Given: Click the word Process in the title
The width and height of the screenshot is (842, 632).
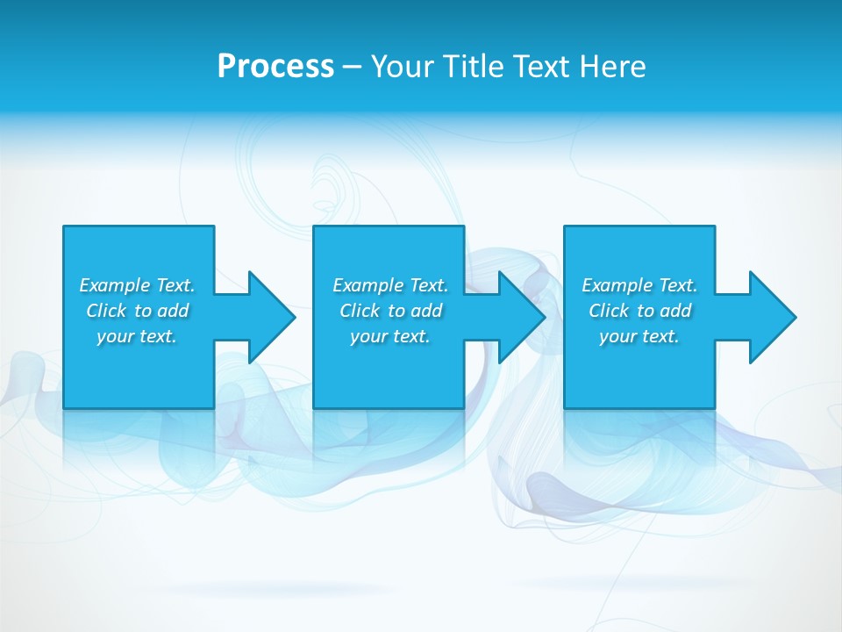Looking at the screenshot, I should [275, 67].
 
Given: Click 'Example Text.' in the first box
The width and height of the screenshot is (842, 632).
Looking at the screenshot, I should [137, 285].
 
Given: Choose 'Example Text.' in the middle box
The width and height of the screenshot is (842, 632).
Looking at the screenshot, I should [390, 285].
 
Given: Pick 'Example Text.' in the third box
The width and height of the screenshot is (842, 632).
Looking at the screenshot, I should [639, 285].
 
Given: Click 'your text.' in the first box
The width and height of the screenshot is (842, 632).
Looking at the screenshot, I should [137, 336].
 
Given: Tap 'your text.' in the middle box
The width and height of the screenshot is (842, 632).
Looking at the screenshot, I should [390, 336].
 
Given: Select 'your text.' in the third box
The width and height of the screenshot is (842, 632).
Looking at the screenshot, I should [639, 336].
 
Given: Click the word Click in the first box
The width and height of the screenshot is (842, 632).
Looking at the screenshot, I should [107, 311].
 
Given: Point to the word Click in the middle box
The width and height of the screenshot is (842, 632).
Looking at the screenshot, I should [360, 311].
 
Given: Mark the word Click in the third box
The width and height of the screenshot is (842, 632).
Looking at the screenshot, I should [610, 311].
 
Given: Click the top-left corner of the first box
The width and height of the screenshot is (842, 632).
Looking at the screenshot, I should [64, 226].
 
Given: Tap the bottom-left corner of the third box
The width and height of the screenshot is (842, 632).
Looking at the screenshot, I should [565, 407].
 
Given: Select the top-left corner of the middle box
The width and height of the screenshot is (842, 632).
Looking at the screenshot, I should [314, 226].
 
